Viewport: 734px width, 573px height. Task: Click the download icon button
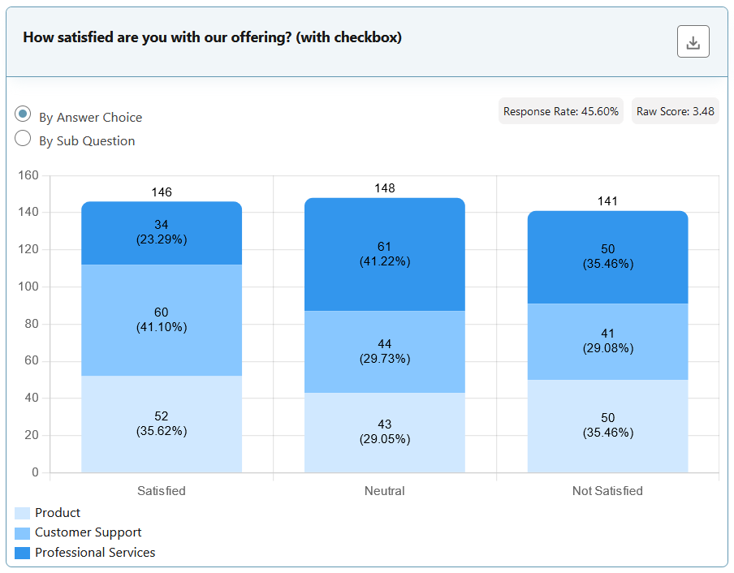693,42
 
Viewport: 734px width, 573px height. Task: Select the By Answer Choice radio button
24,114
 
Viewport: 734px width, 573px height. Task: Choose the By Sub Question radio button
24,139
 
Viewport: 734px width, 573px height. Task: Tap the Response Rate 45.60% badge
561,111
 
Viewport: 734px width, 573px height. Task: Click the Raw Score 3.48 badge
675,111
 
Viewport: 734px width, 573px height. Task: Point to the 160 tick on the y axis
28,175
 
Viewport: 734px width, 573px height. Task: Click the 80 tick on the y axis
32,324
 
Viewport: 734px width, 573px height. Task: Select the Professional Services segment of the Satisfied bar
162,234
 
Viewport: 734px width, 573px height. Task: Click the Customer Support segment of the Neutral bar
385,351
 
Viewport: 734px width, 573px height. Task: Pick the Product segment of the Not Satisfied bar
608,425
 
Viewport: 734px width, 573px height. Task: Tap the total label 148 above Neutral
385,188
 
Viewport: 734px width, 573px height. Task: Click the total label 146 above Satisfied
162,192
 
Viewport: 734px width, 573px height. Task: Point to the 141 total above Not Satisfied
608,201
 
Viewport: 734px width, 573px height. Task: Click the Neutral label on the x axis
385,491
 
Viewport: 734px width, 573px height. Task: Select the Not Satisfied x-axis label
608,491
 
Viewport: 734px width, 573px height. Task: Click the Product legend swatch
23,513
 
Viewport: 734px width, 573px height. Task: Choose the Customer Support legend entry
88,532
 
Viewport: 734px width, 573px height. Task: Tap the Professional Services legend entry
95,553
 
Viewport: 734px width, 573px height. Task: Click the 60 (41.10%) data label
162,320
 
